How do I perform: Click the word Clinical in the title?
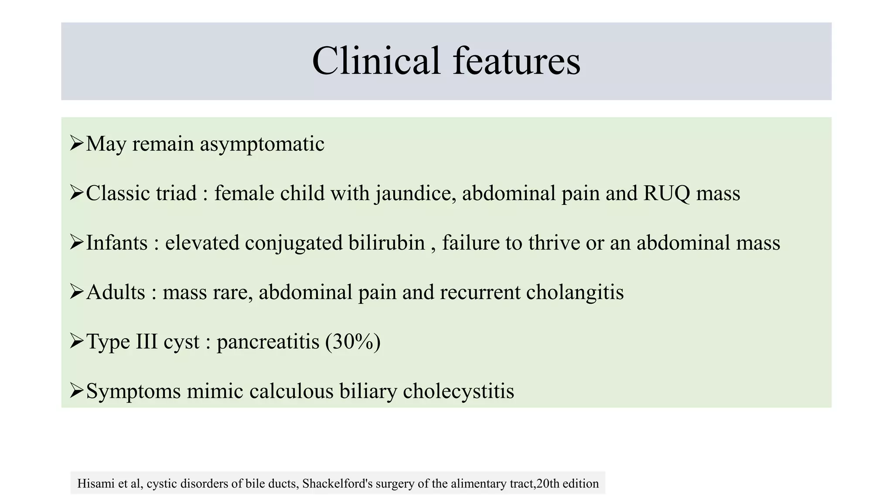click(376, 61)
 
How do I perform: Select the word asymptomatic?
click(262, 144)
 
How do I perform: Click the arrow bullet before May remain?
click(76, 143)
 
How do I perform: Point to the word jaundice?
click(416, 193)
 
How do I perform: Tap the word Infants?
click(116, 243)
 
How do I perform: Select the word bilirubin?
click(386, 243)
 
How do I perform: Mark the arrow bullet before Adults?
click(76, 291)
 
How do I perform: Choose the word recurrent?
click(480, 292)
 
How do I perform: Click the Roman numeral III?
click(147, 341)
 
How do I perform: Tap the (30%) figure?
click(353, 342)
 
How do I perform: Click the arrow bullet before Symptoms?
click(76, 390)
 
